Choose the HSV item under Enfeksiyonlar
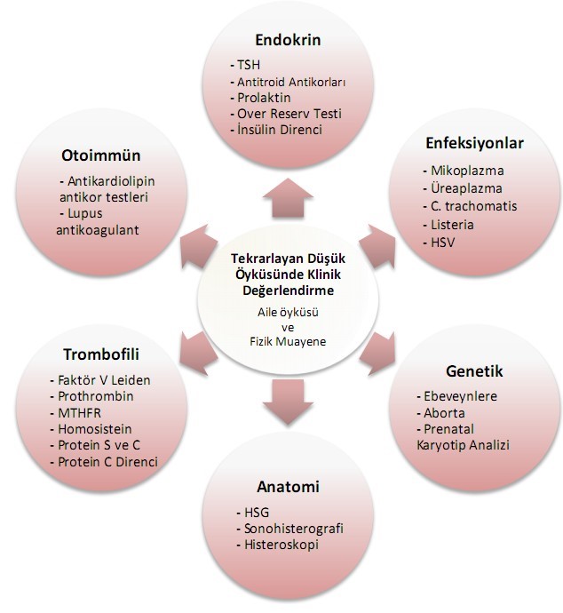(x=443, y=242)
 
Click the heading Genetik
(x=474, y=371)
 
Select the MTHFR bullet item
(x=81, y=413)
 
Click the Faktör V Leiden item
(x=103, y=380)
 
